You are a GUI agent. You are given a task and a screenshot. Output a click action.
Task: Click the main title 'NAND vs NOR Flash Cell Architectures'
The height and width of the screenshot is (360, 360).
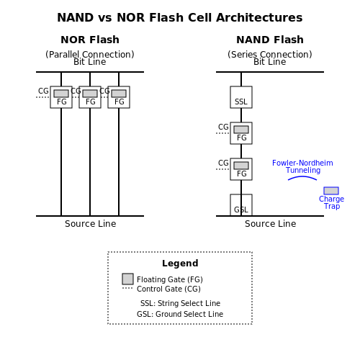click(180, 17)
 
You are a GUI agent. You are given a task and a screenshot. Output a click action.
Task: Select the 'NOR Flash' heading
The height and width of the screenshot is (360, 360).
click(90, 40)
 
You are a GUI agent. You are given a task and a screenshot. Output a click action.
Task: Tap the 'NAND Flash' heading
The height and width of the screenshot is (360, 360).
click(270, 40)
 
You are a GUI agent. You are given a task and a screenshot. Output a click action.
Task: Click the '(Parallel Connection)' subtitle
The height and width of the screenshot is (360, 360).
click(90, 55)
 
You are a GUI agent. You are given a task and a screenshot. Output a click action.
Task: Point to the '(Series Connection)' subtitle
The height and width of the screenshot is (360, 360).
click(270, 55)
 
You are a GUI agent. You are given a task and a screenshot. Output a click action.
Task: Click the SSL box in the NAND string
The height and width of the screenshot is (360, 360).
click(241, 97)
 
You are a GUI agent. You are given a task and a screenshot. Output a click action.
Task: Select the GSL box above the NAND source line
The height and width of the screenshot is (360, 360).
click(241, 205)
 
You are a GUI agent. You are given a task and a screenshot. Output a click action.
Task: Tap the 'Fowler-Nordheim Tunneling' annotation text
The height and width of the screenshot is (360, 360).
click(302, 166)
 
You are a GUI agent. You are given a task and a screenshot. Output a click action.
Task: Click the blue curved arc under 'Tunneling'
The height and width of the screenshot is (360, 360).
click(302, 177)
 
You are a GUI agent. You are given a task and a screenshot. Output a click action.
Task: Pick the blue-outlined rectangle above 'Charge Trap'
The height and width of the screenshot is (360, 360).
click(331, 191)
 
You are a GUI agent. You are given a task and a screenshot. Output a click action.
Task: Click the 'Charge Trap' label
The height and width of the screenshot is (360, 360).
click(331, 202)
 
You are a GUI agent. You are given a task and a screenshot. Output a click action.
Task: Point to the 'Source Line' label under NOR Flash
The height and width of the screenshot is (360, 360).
click(91, 224)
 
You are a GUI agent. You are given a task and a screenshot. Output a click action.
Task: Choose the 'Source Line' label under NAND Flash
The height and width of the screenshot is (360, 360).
click(271, 224)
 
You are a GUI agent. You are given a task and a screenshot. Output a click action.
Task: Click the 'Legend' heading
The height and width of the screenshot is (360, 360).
click(180, 264)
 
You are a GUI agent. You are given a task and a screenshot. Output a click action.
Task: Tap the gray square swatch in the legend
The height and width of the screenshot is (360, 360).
click(127, 279)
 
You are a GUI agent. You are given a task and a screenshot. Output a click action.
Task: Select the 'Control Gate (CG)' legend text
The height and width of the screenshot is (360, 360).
click(168, 289)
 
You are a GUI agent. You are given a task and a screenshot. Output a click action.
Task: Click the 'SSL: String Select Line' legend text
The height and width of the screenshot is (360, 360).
click(180, 303)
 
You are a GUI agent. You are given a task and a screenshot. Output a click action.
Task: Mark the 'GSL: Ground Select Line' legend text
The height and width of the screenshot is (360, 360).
click(180, 314)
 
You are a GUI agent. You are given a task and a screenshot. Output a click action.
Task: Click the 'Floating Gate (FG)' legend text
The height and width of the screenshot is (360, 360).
click(170, 279)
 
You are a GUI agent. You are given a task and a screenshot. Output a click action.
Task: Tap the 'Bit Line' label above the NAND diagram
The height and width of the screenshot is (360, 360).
click(270, 62)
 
